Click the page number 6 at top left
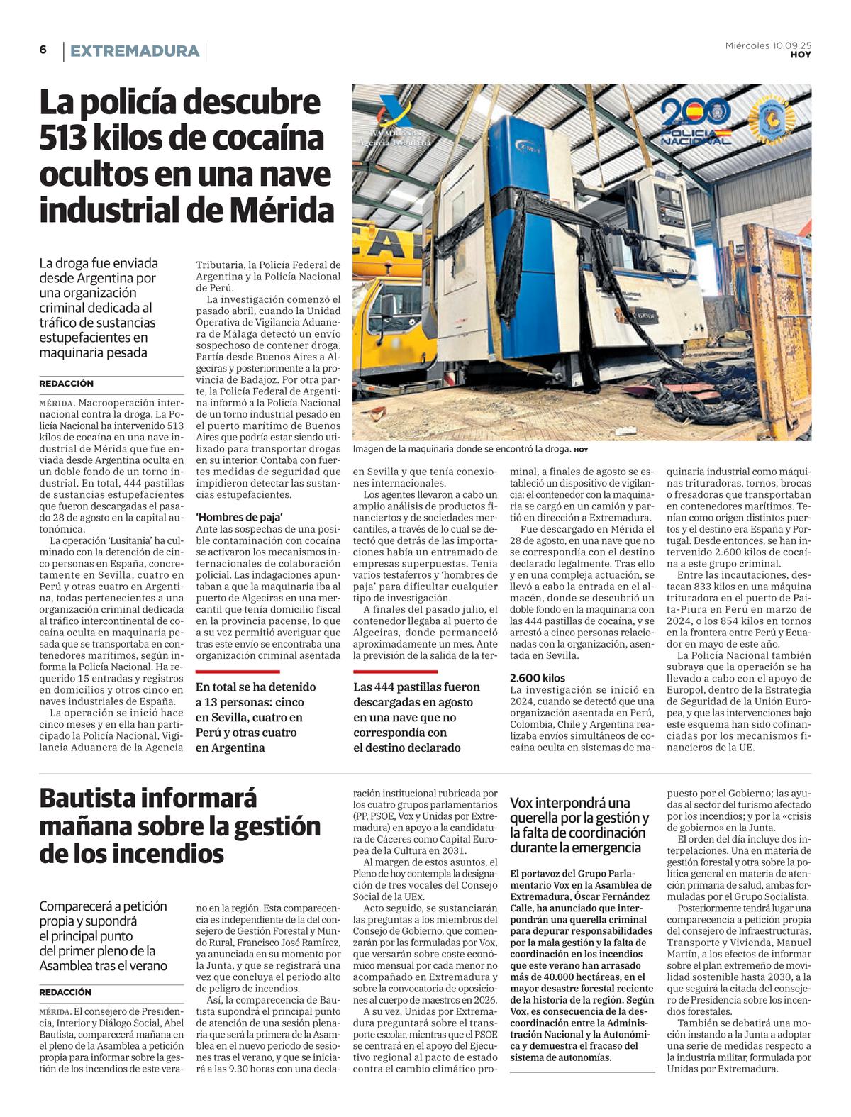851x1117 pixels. coord(43,50)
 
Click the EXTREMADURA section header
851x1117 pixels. coord(135,51)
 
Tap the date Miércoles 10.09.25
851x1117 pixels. coord(768,45)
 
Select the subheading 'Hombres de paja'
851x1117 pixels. coord(239,517)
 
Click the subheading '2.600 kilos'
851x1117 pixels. coord(538,677)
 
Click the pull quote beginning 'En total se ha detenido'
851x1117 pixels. coord(255,717)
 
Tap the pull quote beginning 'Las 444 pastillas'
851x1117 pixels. coord(417,717)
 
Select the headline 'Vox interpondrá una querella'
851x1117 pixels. coord(579,826)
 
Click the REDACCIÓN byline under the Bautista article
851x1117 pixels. coord(66,992)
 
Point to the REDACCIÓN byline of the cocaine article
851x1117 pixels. coord(66,384)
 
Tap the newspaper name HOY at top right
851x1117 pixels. coord(801,55)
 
